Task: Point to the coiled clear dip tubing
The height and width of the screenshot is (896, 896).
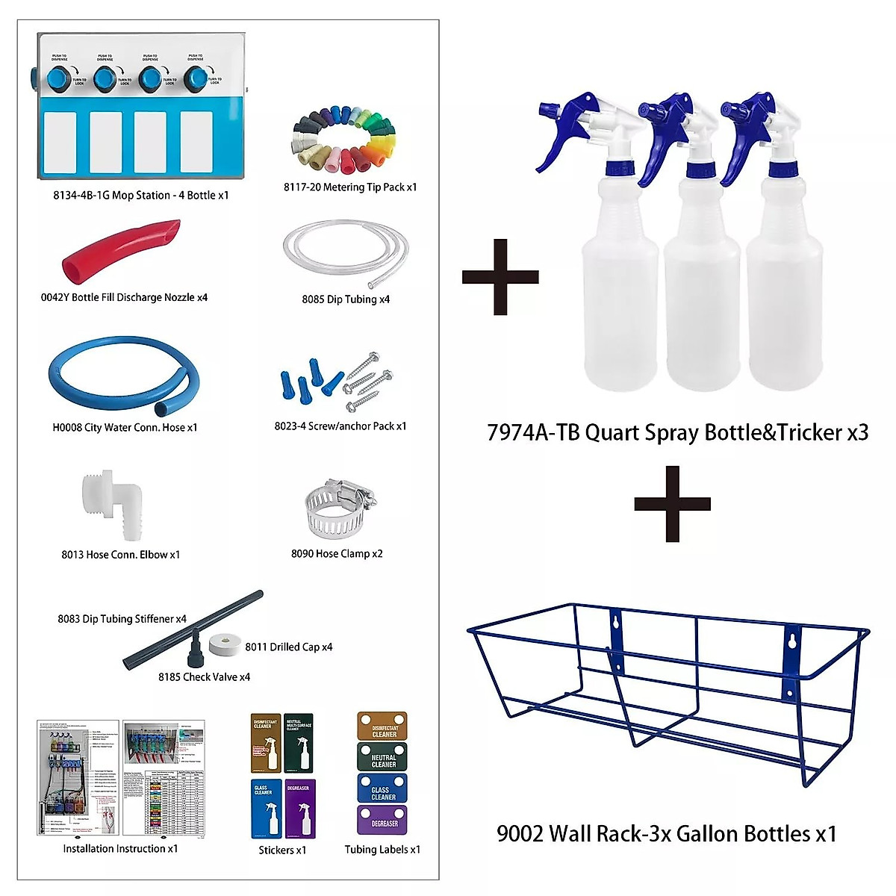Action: (345, 254)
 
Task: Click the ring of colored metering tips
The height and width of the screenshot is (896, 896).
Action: (343, 143)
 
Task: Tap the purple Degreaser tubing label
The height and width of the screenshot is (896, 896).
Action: (382, 820)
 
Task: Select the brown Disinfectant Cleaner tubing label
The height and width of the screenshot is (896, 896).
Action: (382, 727)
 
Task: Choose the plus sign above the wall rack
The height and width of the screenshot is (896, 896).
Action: (672, 504)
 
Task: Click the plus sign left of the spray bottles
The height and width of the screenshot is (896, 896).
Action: (500, 277)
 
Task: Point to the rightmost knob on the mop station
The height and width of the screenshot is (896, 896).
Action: (196, 77)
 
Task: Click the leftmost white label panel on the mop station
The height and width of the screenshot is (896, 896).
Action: (62, 142)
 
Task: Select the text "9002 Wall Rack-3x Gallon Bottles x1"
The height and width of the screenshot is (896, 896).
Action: (666, 833)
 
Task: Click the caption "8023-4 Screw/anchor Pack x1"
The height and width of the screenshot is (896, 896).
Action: (340, 426)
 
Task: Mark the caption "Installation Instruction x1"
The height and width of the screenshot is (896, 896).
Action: (120, 849)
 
